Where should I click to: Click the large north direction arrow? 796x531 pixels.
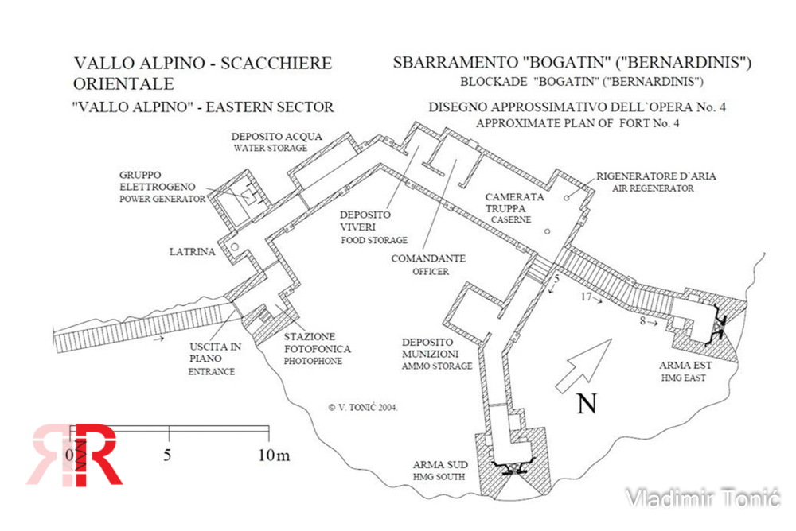point(586,365)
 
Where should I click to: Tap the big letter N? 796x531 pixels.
point(587,405)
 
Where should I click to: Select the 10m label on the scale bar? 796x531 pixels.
point(273,455)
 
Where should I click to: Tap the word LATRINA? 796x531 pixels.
point(192,252)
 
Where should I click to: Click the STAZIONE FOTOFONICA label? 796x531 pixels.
point(318,343)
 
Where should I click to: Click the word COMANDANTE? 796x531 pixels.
point(428,258)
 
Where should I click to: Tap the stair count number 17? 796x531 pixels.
point(587,298)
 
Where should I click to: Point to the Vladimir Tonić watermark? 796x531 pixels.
point(703,498)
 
